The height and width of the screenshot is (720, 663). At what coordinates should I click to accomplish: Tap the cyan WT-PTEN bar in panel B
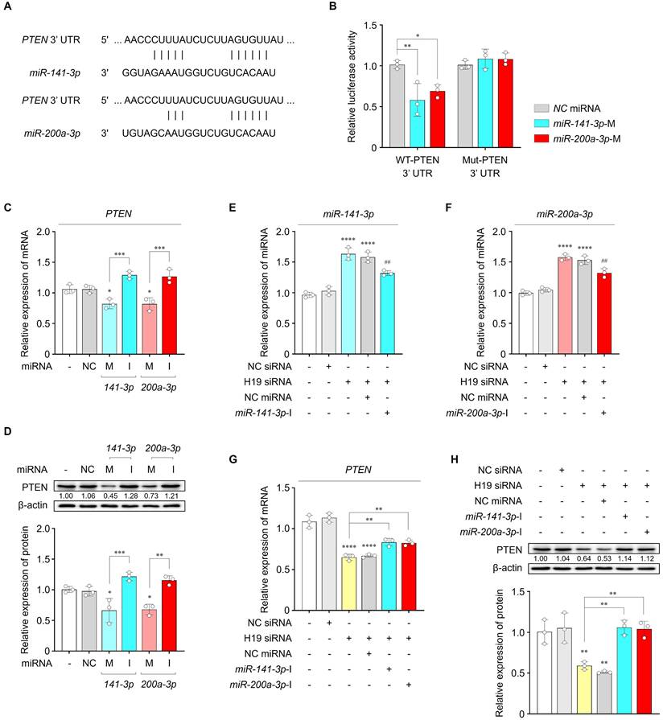pos(417,124)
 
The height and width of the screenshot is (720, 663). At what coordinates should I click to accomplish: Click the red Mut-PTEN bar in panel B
pos(506,104)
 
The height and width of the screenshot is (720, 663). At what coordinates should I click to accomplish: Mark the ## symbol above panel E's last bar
pos(389,262)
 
